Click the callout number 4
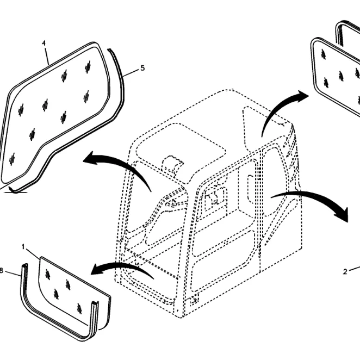click(x=44, y=44)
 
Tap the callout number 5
click(x=142, y=68)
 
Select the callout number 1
click(x=23, y=247)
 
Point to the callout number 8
click(x=1, y=271)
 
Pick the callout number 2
click(x=345, y=272)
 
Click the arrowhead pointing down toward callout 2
click(x=342, y=214)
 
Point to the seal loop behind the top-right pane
click(x=339, y=32)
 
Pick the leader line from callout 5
click(x=131, y=72)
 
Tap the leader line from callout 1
click(x=33, y=255)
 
